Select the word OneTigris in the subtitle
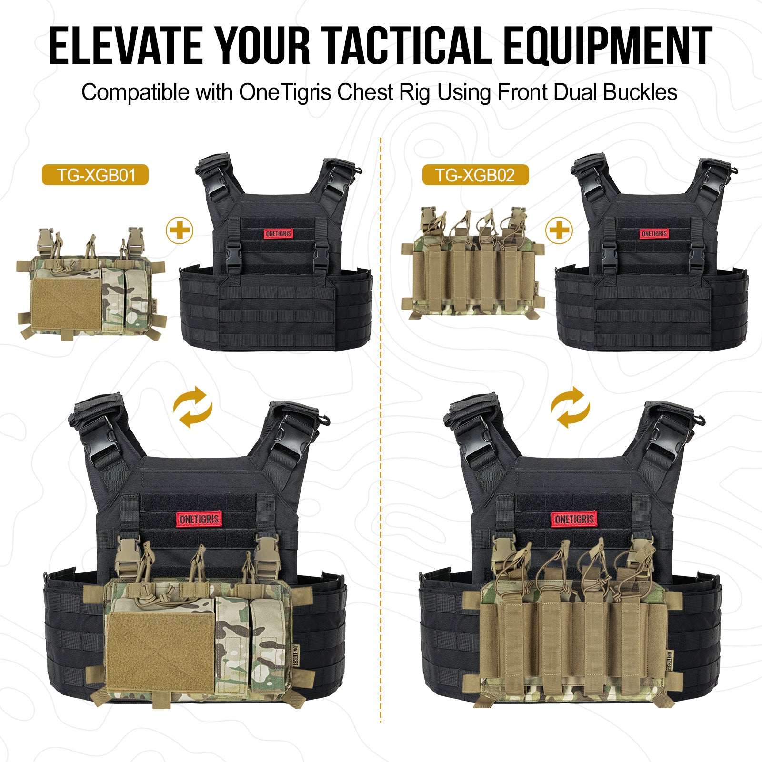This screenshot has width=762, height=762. tap(285, 92)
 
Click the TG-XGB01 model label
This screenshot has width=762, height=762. tap(96, 175)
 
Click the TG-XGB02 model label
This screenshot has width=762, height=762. tap(475, 175)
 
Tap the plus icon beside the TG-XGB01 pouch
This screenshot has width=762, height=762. tap(180, 231)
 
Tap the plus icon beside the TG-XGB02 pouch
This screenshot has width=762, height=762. tap(559, 231)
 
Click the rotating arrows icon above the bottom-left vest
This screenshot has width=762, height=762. tap(192, 408)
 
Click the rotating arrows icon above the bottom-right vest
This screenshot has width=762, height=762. tap(571, 408)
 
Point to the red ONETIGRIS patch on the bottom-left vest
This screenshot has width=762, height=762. tap(199, 519)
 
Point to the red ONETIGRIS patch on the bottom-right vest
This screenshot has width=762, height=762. tap(574, 519)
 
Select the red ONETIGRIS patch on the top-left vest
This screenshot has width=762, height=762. tap(278, 234)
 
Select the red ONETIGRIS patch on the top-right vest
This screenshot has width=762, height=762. tap(654, 234)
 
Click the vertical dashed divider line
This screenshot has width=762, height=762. tap(381, 429)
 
